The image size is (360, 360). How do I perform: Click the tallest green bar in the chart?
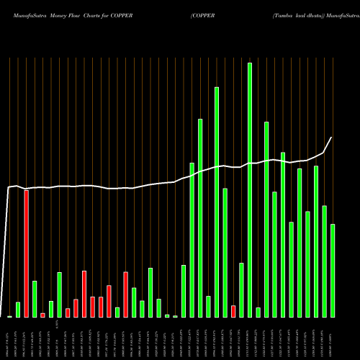250,190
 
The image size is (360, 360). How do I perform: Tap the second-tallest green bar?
217,202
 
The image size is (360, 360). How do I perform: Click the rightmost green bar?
333,271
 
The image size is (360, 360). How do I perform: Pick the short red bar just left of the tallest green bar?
233,311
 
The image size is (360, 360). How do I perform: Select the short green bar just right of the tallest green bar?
258,312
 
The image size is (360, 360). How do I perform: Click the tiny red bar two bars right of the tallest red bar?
42,315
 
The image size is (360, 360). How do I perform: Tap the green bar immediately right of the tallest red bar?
35,299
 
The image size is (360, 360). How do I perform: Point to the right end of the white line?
331,138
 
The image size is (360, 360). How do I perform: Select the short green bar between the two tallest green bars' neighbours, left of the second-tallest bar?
209,306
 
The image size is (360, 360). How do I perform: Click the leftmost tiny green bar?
10,316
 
